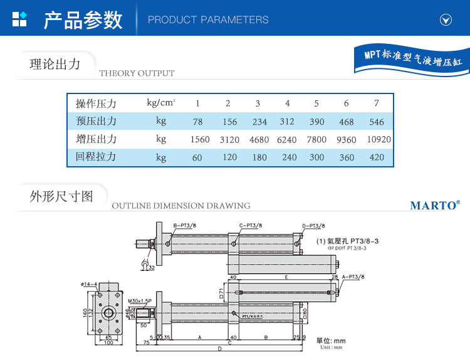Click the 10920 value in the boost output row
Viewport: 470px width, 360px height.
coord(378,140)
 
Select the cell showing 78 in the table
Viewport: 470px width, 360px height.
coord(197,122)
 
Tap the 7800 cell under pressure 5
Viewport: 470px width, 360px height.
coord(317,140)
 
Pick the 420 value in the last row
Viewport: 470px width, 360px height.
coord(377,157)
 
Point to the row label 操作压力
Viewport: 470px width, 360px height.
coord(96,103)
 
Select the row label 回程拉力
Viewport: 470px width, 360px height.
coord(96,157)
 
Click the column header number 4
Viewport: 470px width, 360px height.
coord(288,103)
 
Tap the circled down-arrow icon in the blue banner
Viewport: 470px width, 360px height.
coord(446,19)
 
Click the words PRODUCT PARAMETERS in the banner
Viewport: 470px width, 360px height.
coord(208,20)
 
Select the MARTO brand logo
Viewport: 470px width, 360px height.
coord(435,205)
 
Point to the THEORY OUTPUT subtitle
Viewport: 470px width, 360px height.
coord(137,73)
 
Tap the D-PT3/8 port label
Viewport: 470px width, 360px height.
coord(313,225)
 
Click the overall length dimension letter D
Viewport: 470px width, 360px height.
coord(220,349)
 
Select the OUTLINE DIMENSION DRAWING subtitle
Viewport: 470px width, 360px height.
coord(180,206)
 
